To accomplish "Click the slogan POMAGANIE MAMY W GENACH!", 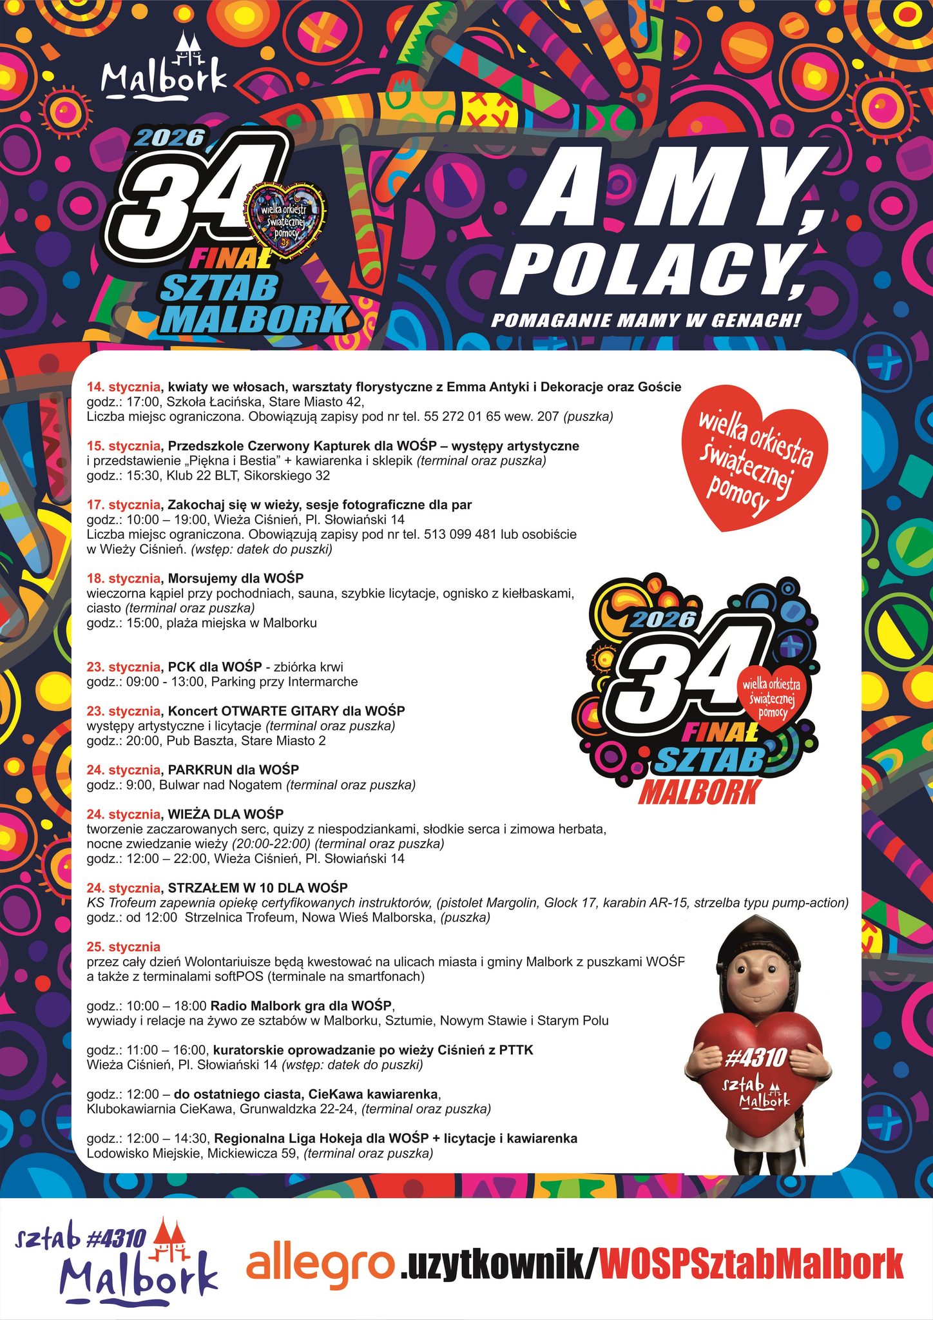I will tap(646, 320).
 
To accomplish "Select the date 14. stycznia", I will tap(123, 387).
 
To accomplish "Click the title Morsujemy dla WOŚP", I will tap(236, 578).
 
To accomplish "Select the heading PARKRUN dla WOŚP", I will tap(233, 770).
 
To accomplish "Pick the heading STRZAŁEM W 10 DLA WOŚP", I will tap(258, 888).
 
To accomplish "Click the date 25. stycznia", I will tap(123, 947).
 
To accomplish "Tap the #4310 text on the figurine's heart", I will tap(756, 1058).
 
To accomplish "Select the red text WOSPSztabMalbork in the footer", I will tap(751, 1265).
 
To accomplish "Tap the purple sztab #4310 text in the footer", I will tap(82, 1237).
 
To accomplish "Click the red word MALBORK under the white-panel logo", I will tap(699, 793).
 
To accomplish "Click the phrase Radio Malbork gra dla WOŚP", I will tap(301, 1005).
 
